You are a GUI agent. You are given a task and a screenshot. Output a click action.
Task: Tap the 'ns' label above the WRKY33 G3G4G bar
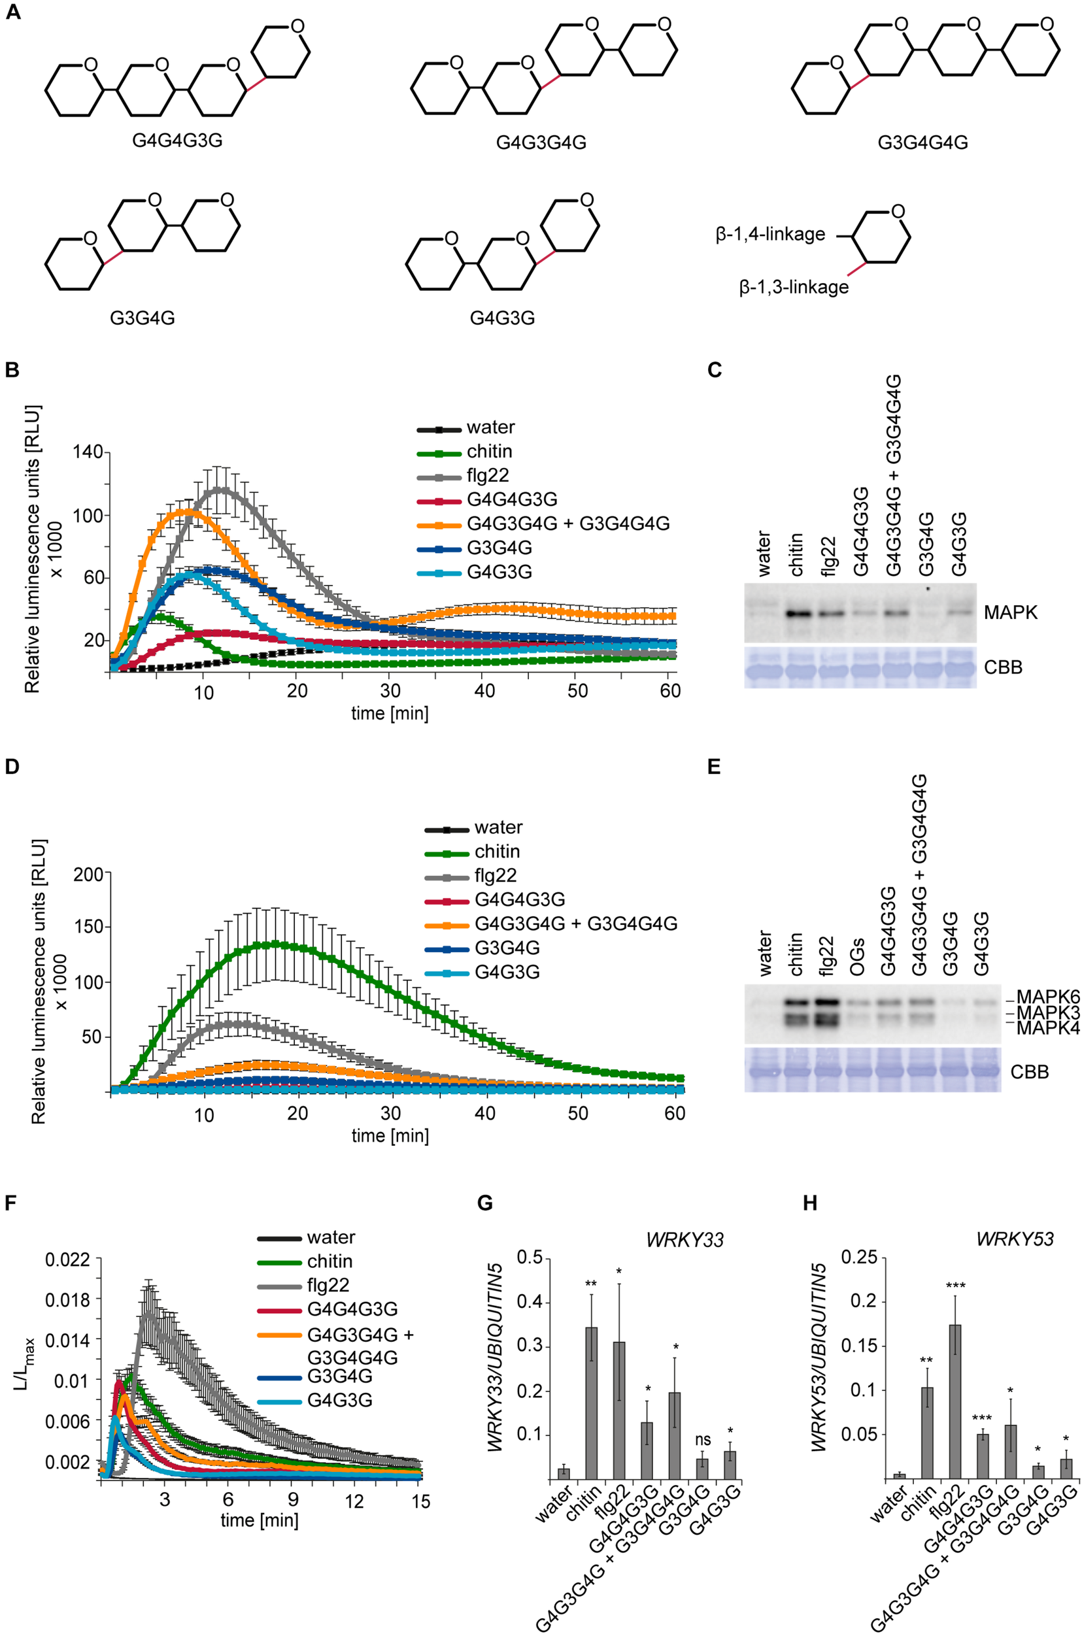click(702, 1420)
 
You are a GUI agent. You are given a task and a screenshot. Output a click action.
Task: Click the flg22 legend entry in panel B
click(487, 475)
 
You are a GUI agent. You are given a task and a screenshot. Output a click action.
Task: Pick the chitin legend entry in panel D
click(497, 851)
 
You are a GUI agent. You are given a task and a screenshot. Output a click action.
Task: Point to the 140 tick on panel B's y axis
click(88, 452)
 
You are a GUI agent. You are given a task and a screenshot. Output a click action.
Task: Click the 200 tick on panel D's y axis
click(88, 874)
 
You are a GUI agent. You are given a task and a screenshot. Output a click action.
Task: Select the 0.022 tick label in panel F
click(67, 1260)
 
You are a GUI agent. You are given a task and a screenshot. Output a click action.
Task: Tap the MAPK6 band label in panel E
click(1047, 997)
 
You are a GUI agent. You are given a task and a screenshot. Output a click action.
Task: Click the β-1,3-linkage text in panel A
click(794, 287)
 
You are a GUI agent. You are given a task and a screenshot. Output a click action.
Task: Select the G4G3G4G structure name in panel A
click(541, 142)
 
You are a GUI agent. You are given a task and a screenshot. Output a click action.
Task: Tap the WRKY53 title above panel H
click(1015, 1239)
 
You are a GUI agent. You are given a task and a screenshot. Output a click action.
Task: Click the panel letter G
click(485, 1203)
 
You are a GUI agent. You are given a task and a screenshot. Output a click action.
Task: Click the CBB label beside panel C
click(1003, 668)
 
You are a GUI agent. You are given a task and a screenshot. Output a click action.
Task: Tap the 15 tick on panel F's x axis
click(420, 1501)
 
